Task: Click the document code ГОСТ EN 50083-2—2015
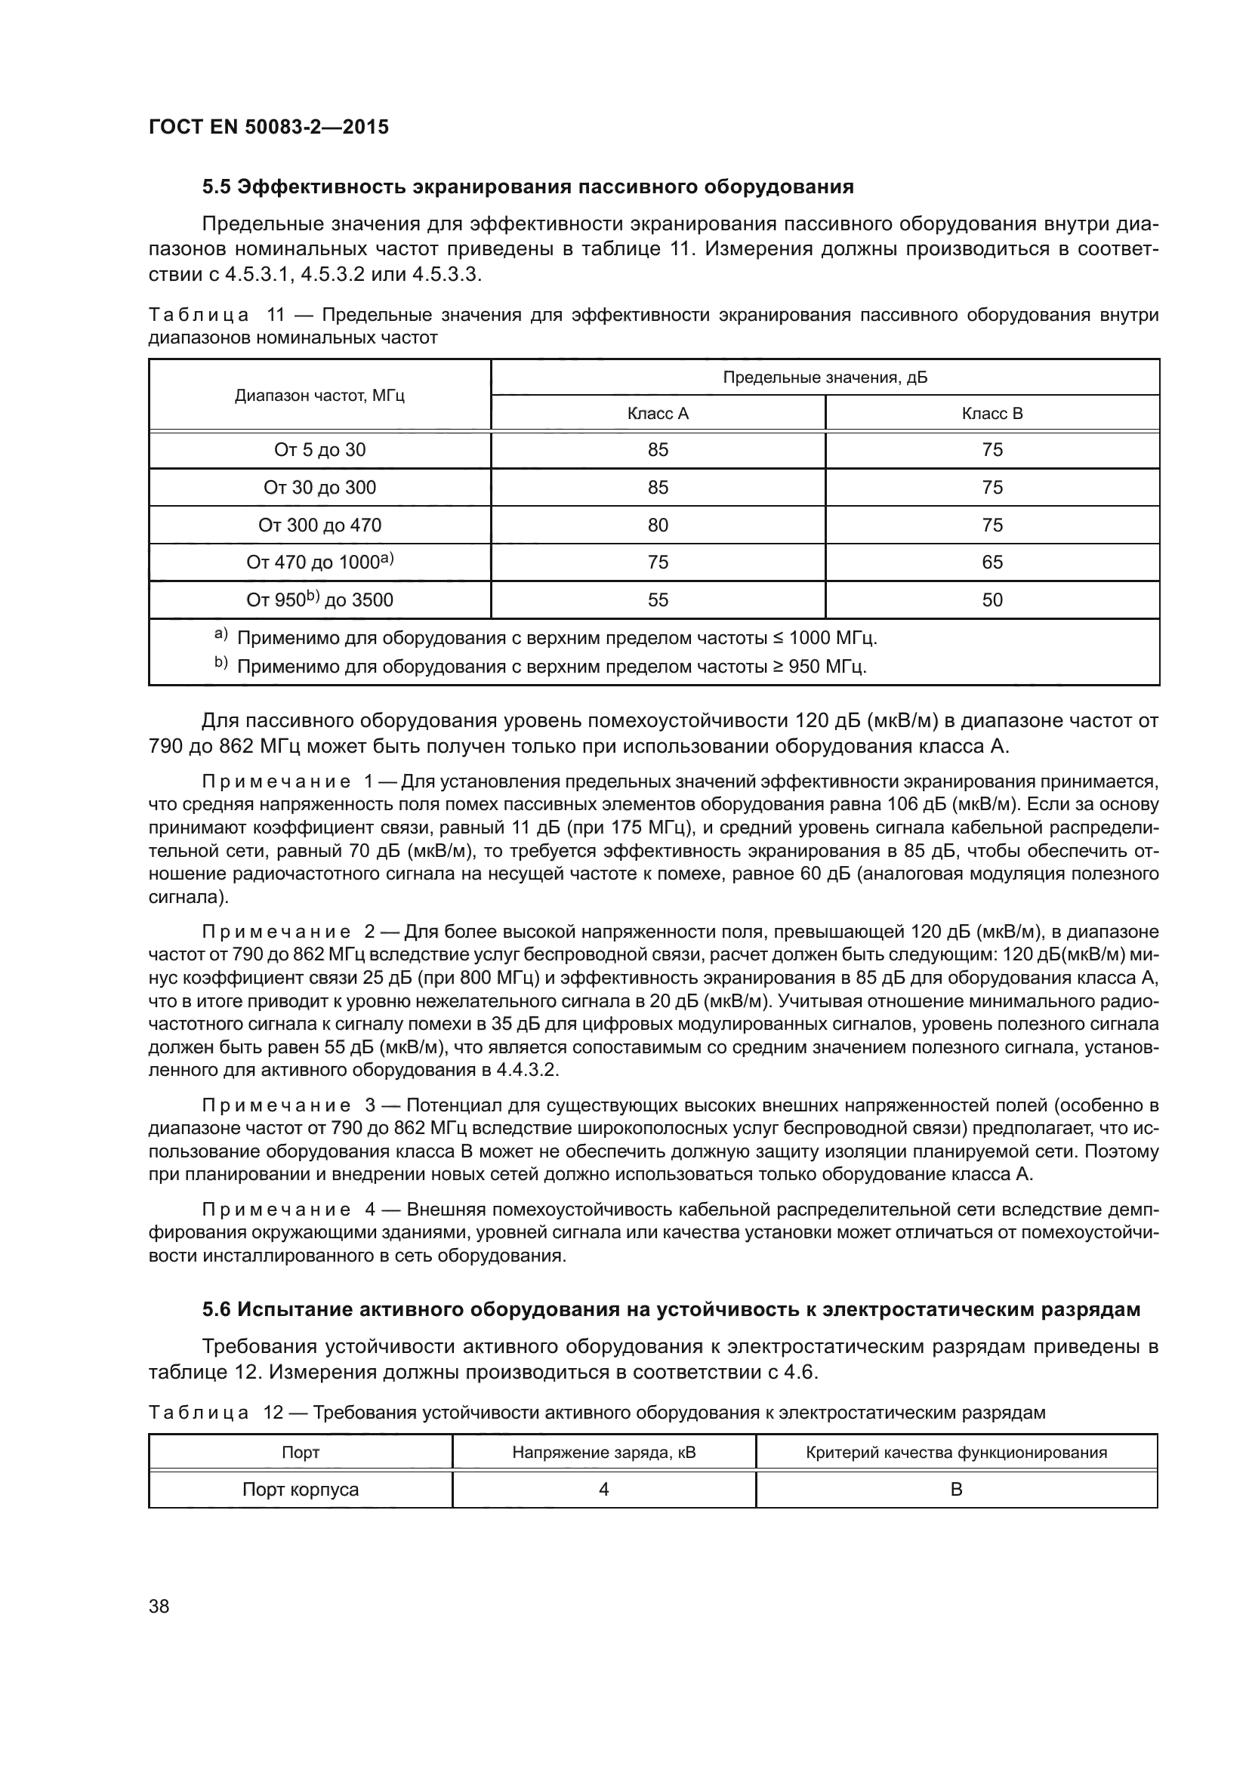268,127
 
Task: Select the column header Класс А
658,414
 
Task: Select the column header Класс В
992,414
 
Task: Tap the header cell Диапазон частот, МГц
319,396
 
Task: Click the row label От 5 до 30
319,450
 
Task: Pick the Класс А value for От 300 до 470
658,525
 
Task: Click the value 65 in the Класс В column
992,562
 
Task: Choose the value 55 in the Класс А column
658,600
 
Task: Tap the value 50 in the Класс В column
992,600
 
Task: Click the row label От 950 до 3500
319,600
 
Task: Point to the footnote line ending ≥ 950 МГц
550,667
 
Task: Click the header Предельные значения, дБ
825,378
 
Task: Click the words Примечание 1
286,782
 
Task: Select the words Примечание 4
286,1209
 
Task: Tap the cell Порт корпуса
301,1490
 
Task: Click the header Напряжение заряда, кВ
604,1453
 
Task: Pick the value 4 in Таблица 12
604,1490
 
